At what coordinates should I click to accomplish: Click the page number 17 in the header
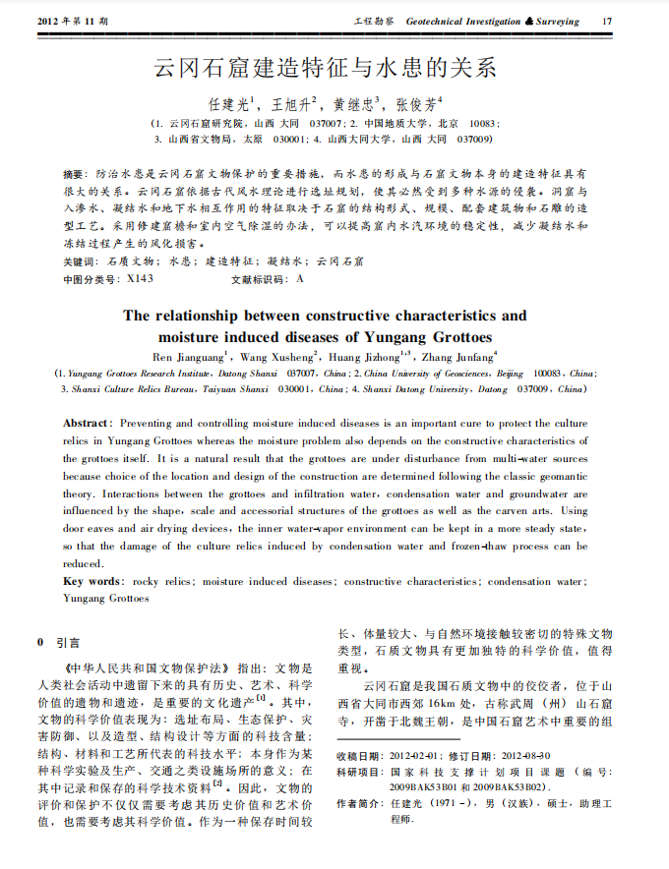tap(606, 21)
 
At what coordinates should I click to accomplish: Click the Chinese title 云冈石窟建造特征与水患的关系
tap(326, 68)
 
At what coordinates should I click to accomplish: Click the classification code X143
tap(141, 279)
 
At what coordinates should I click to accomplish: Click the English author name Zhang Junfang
tap(456, 356)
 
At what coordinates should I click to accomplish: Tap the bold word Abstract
tap(88, 423)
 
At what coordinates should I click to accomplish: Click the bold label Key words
tap(93, 582)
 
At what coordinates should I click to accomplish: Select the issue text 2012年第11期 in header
tap(73, 21)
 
